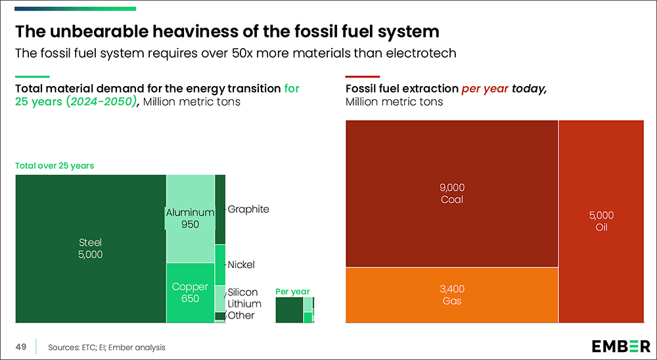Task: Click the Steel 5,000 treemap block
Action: point(90,248)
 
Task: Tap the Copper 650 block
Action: point(190,292)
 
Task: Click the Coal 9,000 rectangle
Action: point(451,193)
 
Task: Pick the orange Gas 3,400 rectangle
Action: point(451,295)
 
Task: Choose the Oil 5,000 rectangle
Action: point(601,221)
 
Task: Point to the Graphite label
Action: point(248,210)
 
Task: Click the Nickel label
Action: point(241,265)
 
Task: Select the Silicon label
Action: point(242,292)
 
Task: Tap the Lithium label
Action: point(244,304)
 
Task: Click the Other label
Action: point(241,315)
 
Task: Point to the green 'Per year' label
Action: point(292,291)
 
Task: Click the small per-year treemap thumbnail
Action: point(294,309)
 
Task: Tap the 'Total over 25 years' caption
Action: point(55,166)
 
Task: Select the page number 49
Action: point(21,347)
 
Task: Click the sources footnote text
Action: point(106,348)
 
